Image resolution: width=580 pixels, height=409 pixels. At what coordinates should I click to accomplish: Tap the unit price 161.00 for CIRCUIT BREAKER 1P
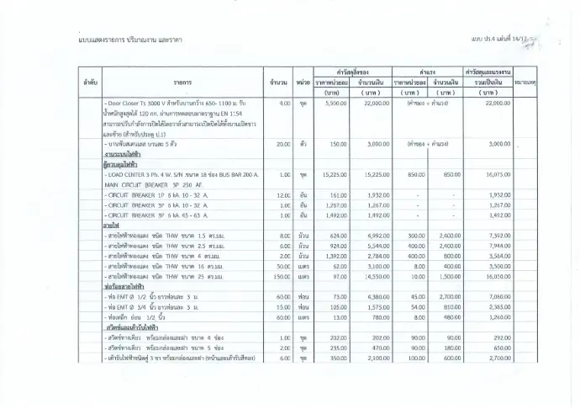336,194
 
